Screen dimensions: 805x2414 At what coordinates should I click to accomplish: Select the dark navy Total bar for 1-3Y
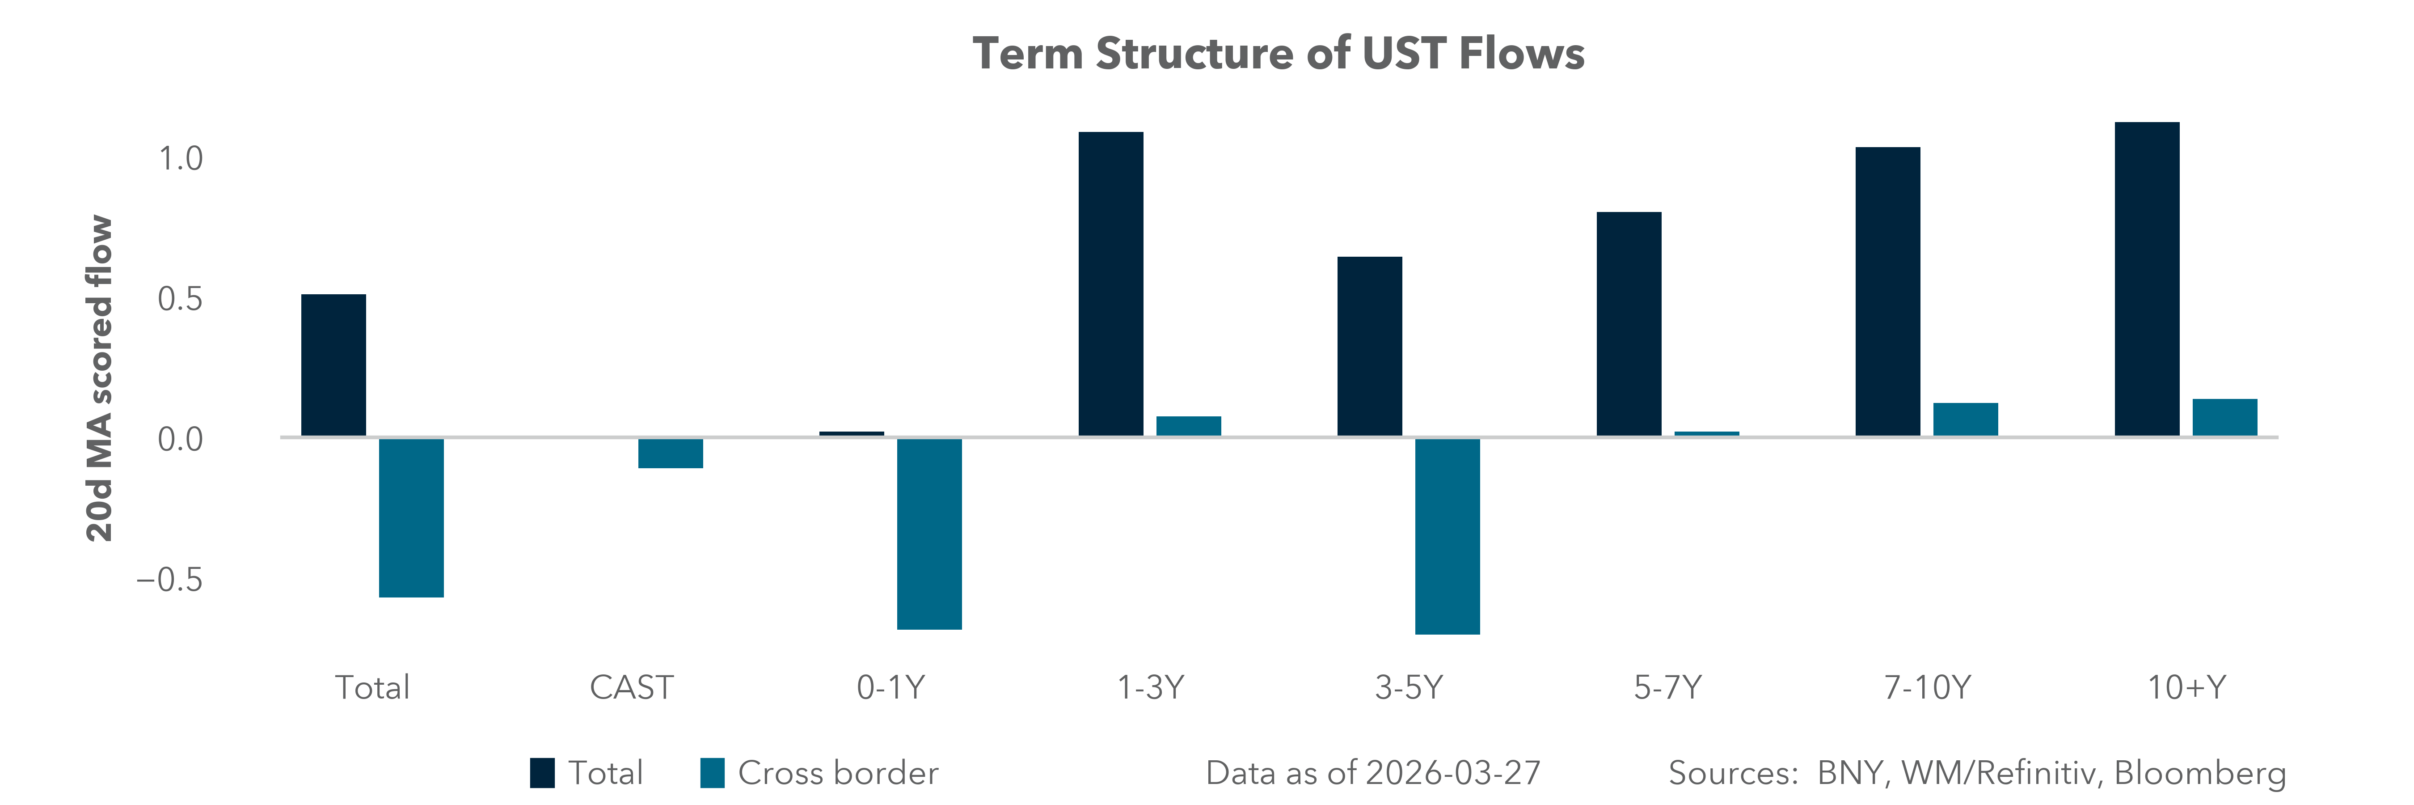pyautogui.click(x=1110, y=284)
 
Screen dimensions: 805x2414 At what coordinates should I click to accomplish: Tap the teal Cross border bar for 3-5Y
pyautogui.click(x=1447, y=536)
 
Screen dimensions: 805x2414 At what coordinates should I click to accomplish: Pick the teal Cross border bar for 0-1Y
pyautogui.click(x=928, y=533)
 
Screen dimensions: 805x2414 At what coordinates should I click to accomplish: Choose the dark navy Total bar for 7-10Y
pyautogui.click(x=1887, y=292)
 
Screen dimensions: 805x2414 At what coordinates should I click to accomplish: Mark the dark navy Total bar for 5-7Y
pyautogui.click(x=1629, y=324)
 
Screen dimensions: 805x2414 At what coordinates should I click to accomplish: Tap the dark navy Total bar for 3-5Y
pyautogui.click(x=1369, y=347)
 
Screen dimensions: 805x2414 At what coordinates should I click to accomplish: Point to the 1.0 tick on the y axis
pyautogui.click(x=180, y=159)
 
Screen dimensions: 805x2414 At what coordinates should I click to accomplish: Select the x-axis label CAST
pyautogui.click(x=631, y=688)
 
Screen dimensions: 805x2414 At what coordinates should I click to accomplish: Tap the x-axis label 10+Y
pyautogui.click(x=2186, y=688)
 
